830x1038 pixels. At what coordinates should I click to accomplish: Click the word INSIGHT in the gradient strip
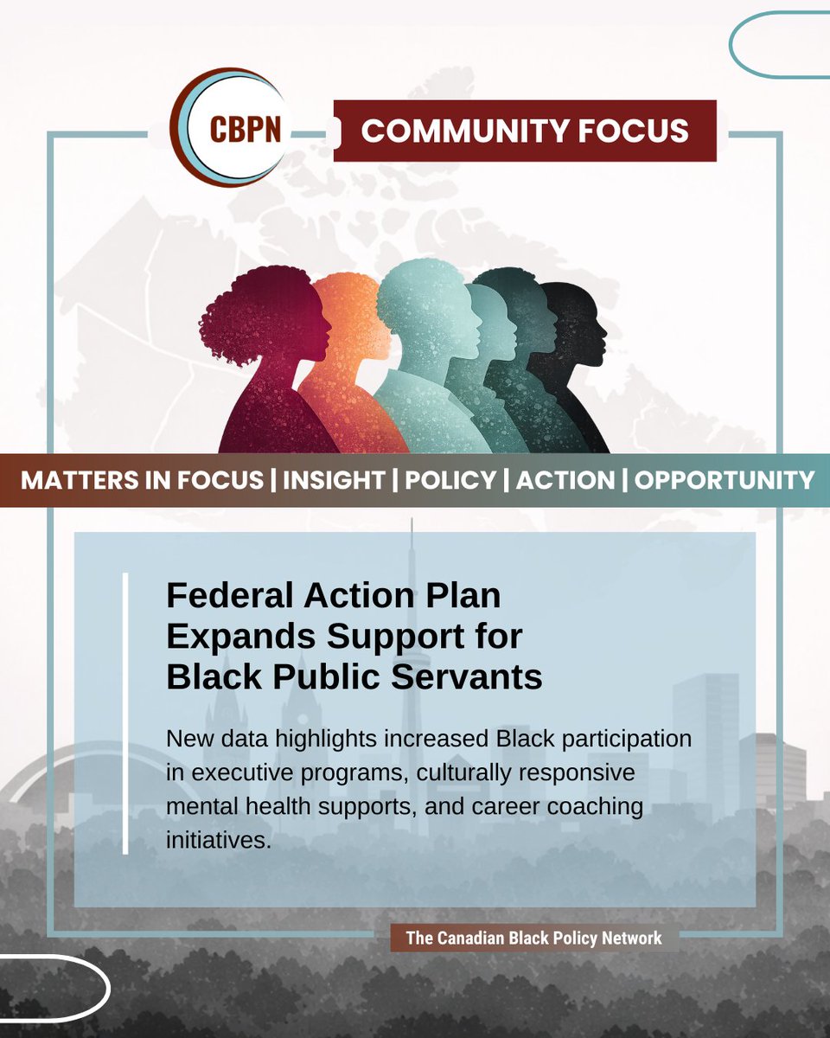(333, 480)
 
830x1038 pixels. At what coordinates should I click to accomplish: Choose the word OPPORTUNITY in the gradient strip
(725, 480)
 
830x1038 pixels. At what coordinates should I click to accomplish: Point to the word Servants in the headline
(474, 676)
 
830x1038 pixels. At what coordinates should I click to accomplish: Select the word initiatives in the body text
(218, 838)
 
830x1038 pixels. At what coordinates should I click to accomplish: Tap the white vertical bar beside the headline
(125, 713)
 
